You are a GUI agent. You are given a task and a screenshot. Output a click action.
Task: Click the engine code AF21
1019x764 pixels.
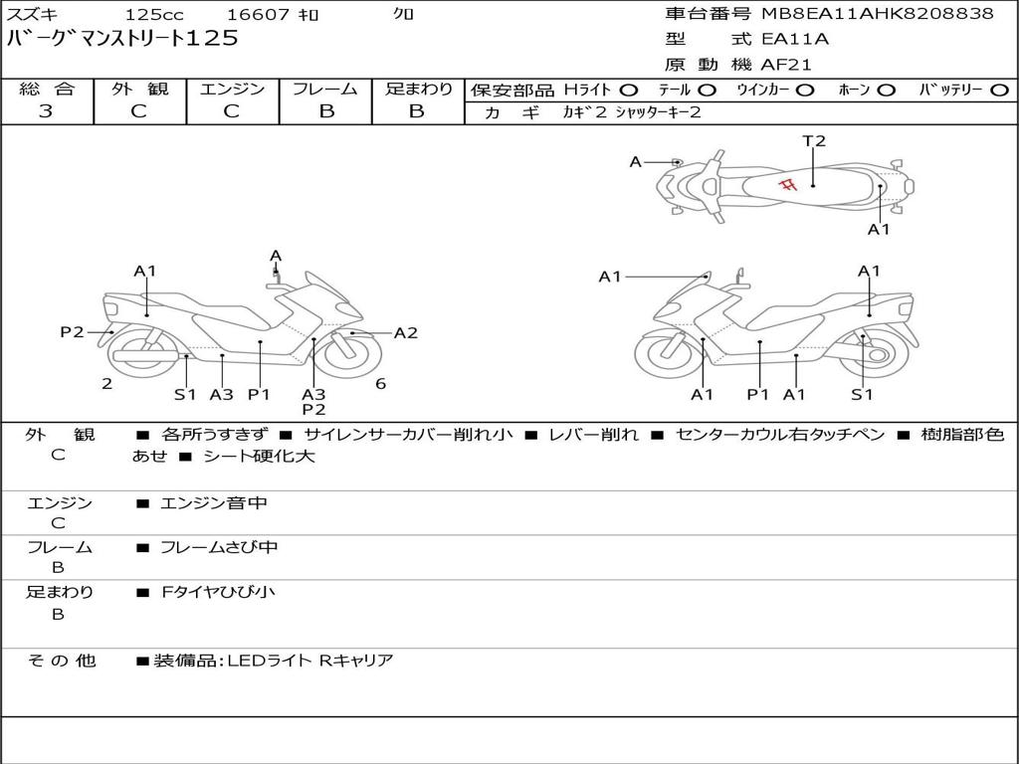pos(786,66)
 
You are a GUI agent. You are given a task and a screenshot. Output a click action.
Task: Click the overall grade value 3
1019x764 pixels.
pos(46,111)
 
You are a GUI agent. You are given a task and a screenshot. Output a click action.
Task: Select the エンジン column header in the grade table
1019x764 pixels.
pos(232,90)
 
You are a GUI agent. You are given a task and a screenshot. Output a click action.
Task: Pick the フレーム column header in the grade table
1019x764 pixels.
pos(325,90)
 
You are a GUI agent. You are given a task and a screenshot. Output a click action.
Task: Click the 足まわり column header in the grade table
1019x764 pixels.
pos(418,90)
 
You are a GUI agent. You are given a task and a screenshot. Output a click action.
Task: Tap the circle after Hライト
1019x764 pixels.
pos(629,91)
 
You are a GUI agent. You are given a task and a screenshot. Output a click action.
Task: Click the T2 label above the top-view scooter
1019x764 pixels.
pos(814,141)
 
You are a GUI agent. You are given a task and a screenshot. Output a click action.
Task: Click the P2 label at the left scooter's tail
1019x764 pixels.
pos(72,332)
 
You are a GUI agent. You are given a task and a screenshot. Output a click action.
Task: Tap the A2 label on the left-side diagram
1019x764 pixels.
pos(406,333)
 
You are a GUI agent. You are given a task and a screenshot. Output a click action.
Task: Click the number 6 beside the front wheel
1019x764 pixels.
pos(380,383)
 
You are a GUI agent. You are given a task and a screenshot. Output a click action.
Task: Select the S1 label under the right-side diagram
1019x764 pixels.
pos(862,395)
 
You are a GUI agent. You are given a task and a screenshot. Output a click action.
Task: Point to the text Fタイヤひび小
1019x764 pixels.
pos(218,592)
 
